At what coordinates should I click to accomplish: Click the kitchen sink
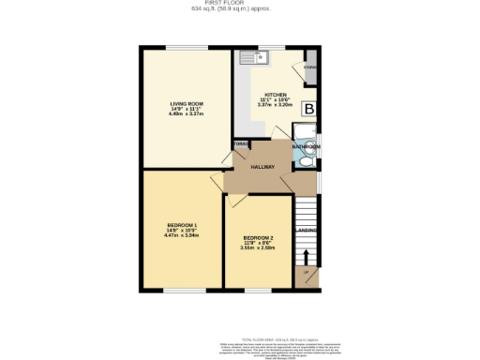[254, 57]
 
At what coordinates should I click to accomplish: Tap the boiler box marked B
[308, 109]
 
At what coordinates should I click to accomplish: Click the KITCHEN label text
[275, 95]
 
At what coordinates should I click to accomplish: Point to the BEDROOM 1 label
[181, 225]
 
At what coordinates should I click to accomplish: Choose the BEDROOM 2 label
[256, 238]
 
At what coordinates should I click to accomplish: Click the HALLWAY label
[262, 167]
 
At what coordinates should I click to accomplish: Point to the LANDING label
[307, 229]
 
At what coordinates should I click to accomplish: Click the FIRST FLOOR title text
[239, 4]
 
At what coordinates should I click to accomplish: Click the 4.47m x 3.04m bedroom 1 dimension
[181, 235]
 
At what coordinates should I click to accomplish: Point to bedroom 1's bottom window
[181, 290]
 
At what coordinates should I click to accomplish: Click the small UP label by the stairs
[306, 274]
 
